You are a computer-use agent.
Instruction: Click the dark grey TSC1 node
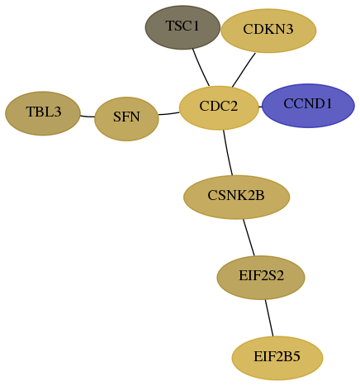point(182,27)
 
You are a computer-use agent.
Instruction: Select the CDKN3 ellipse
point(268,31)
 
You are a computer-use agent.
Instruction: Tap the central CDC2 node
point(219,107)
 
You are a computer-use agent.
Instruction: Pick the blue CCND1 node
point(308,106)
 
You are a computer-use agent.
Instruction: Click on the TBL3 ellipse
point(43,113)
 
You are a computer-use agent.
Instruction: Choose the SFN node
point(126,119)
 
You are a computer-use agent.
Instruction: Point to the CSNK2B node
point(236,197)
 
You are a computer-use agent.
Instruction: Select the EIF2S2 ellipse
point(261,278)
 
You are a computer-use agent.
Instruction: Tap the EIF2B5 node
point(277,358)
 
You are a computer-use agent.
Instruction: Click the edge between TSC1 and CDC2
point(201,68)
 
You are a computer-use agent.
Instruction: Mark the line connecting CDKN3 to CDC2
point(244,70)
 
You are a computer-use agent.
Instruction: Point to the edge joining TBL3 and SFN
point(88,117)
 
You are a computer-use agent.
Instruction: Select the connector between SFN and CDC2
point(169,114)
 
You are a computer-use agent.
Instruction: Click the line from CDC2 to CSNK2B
point(227,152)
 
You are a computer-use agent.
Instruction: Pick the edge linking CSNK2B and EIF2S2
point(249,237)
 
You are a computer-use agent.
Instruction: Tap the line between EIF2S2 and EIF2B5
point(269,317)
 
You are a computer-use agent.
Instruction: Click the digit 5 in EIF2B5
point(296,356)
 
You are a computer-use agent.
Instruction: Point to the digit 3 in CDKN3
point(290,29)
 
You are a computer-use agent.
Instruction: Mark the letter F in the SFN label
point(126,117)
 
